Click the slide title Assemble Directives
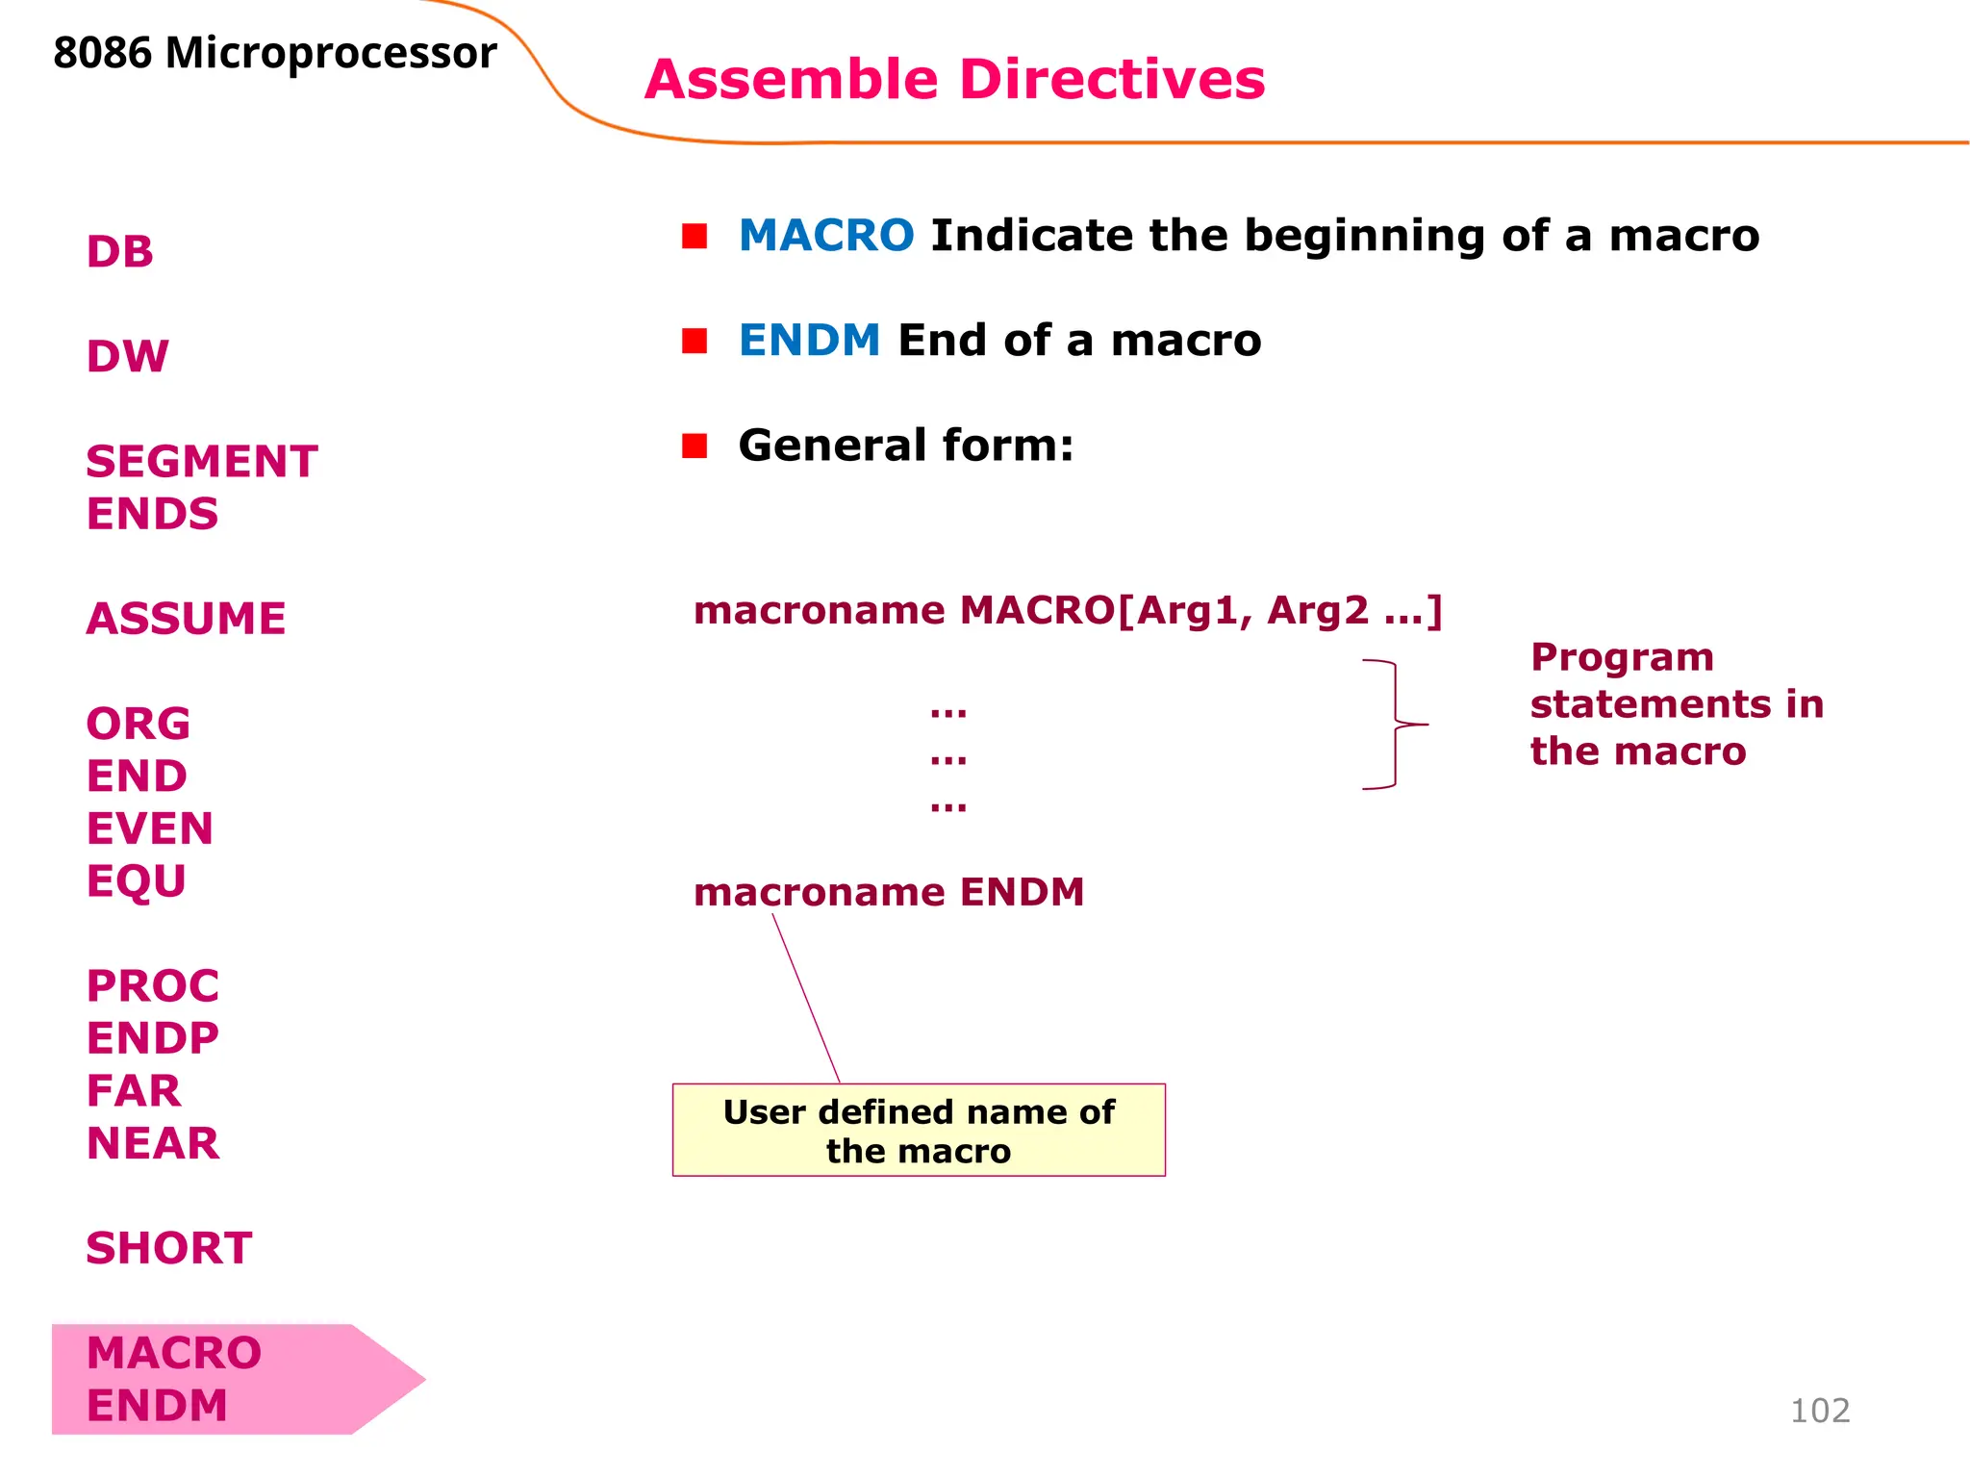click(954, 79)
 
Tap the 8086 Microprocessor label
click(275, 53)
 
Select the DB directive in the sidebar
click(120, 252)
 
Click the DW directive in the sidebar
click(128, 357)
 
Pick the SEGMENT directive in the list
click(202, 462)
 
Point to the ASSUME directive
click(187, 619)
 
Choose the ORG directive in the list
click(139, 724)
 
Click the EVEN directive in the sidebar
click(150, 828)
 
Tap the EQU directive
click(137, 881)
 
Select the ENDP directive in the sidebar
click(153, 1038)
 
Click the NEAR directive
click(153, 1143)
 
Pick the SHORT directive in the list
click(169, 1248)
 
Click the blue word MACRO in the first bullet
click(826, 236)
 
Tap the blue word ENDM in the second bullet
click(809, 341)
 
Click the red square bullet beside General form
click(695, 446)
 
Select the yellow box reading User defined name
click(919, 1131)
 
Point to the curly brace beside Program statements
click(1395, 725)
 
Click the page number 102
click(1820, 1411)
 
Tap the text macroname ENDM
click(889, 892)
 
